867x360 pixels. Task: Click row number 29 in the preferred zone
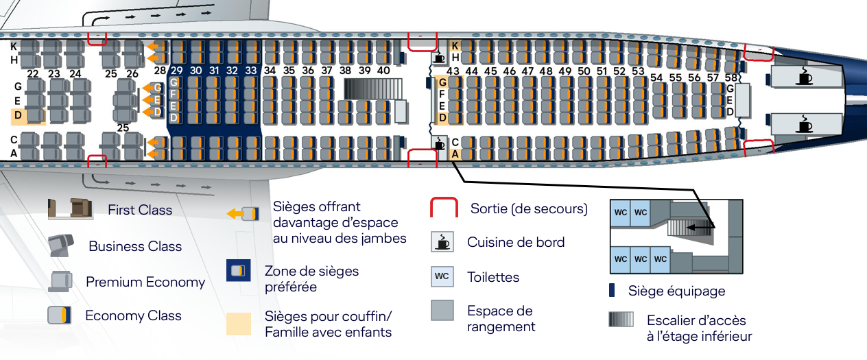(x=176, y=71)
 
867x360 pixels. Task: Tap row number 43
(x=453, y=71)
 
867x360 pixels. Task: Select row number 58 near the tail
(x=731, y=77)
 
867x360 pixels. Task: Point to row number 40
(x=383, y=71)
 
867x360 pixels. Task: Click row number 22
(x=33, y=74)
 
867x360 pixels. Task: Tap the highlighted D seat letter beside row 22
(x=18, y=115)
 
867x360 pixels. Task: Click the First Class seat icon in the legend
(x=70, y=208)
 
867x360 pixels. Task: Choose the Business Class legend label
(x=135, y=246)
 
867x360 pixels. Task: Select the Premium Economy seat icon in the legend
(x=60, y=281)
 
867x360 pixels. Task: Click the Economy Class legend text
(x=133, y=315)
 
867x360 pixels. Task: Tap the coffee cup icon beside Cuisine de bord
(x=442, y=242)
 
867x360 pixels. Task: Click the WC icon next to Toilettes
(x=442, y=276)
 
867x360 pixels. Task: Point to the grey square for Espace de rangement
(x=442, y=311)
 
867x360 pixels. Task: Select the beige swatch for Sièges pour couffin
(x=239, y=324)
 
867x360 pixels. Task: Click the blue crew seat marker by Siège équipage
(x=612, y=290)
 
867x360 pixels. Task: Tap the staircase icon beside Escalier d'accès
(x=621, y=320)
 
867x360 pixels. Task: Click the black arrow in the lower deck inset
(x=700, y=227)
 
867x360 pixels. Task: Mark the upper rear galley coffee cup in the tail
(x=805, y=77)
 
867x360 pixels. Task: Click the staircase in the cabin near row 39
(x=372, y=89)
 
